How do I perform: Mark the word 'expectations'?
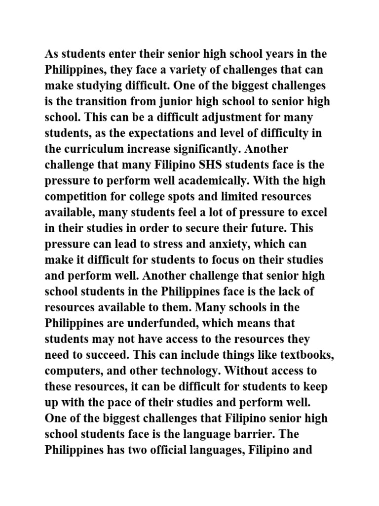point(157,133)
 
